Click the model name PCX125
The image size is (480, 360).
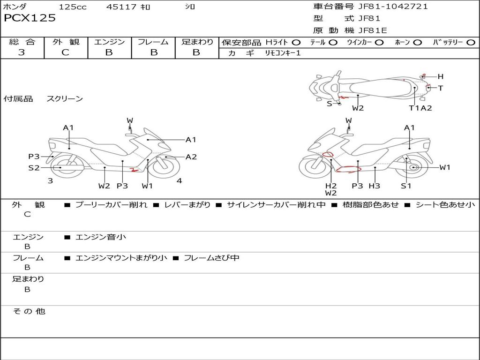30,18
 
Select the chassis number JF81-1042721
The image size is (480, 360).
393,7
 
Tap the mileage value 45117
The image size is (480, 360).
121,7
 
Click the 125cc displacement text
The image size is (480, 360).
73,7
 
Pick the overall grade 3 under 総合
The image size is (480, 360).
22,52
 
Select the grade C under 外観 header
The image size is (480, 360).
66,52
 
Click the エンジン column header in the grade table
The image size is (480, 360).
109,42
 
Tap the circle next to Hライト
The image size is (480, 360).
296,43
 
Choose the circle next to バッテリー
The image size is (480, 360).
471,43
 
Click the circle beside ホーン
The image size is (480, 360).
417,43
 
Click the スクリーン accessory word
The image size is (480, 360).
65,99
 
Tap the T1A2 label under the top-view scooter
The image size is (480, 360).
420,108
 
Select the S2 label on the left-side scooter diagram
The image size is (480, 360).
34,167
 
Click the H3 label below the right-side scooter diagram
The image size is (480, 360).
374,186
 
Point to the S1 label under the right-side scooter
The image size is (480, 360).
406,186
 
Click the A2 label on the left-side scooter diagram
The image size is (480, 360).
191,157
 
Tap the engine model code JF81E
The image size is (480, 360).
373,30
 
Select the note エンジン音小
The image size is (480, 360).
101,237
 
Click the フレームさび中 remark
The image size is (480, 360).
211,258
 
